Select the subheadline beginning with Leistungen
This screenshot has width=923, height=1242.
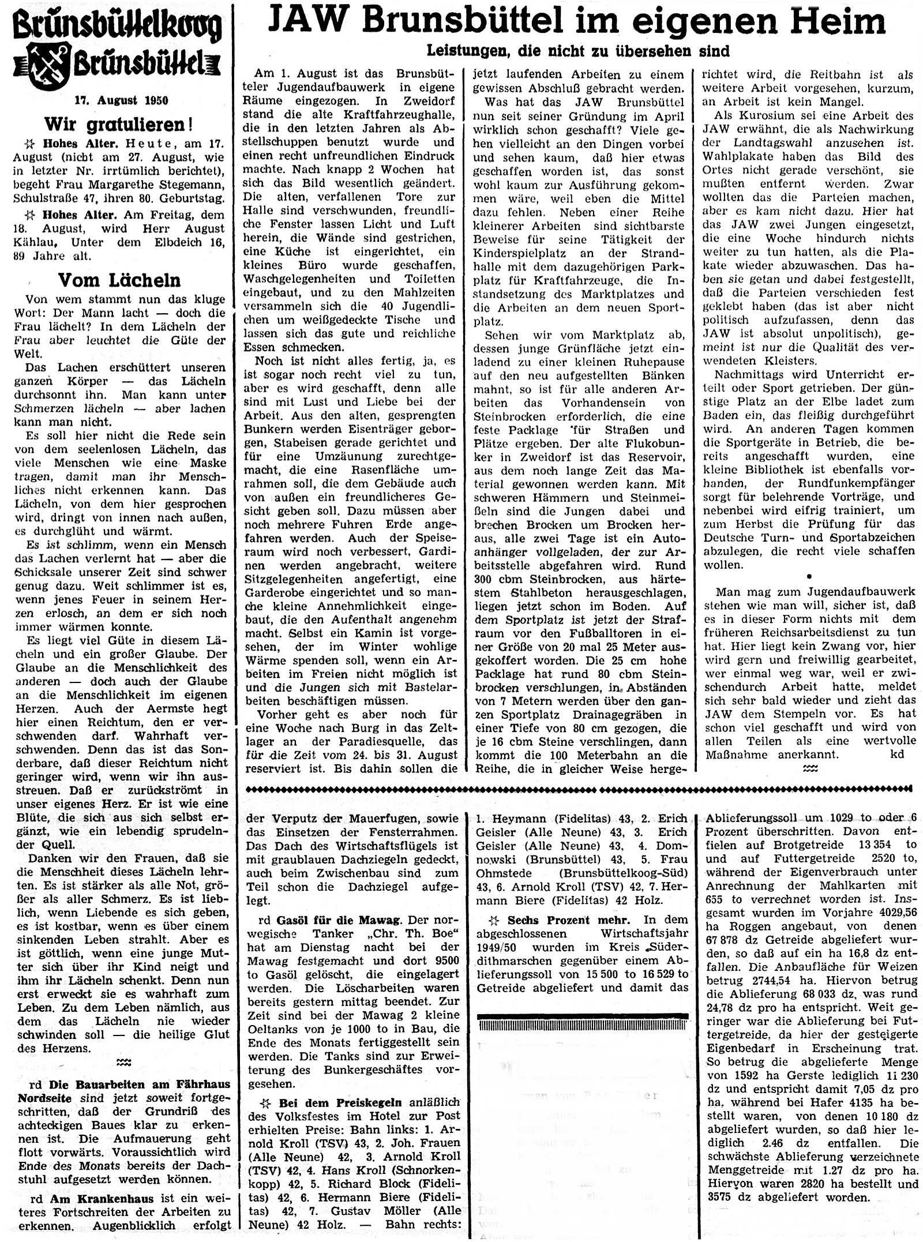click(x=577, y=51)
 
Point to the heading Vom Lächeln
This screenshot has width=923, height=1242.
click(x=119, y=280)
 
